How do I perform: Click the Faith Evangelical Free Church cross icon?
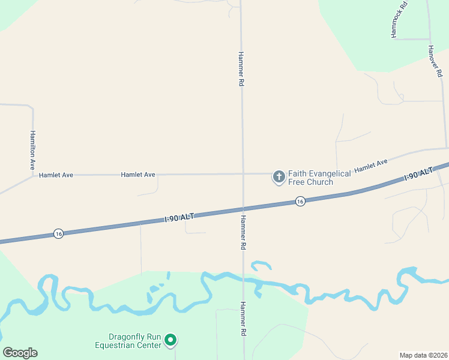tap(279, 176)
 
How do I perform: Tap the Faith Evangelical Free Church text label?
tap(319, 178)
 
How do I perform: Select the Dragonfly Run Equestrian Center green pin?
tap(170, 340)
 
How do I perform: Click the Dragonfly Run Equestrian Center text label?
tap(128, 341)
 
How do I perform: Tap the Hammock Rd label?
tap(399, 20)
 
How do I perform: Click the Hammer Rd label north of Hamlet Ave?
tap(241, 69)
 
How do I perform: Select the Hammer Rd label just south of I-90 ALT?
tap(244, 232)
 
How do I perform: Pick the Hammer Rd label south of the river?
tap(244, 318)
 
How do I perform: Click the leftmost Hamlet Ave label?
tap(56, 175)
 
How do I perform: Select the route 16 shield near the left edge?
tap(58, 233)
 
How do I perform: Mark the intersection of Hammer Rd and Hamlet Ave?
tap(243, 175)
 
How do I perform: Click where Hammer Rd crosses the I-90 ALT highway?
tap(243, 209)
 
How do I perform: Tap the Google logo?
tap(20, 353)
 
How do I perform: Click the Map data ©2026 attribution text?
tap(424, 355)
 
